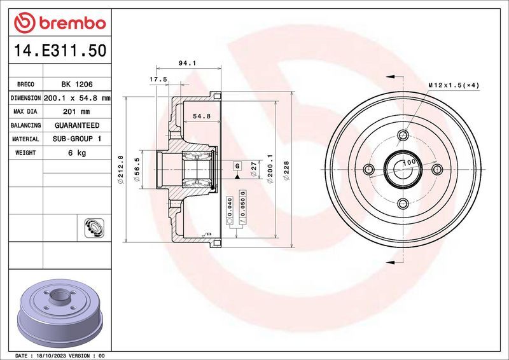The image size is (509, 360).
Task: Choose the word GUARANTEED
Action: coord(76,125)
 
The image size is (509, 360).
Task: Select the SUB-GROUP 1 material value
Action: coord(76,139)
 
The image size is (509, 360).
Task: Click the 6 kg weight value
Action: coord(76,153)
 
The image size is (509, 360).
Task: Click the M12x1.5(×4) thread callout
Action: coord(453,85)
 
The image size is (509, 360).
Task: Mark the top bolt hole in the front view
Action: coord(403,135)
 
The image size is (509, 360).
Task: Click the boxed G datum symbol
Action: coord(237,166)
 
